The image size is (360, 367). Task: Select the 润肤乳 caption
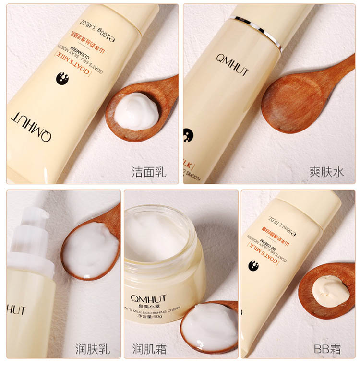tap(93, 349)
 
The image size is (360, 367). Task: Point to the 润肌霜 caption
tap(149, 349)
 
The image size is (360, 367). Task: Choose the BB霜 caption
tap(327, 349)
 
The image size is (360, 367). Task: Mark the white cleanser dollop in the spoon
tap(136, 111)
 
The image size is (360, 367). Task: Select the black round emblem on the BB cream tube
tap(253, 266)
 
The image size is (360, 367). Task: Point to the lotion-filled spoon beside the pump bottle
tap(90, 248)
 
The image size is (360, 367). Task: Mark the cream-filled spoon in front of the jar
tap(209, 327)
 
